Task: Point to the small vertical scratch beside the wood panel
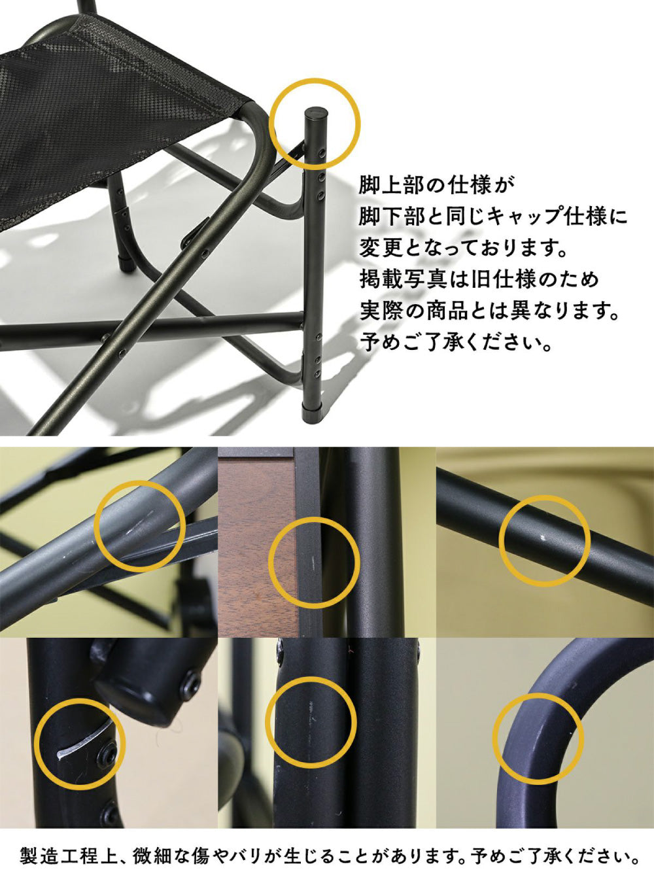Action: point(313,562)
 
